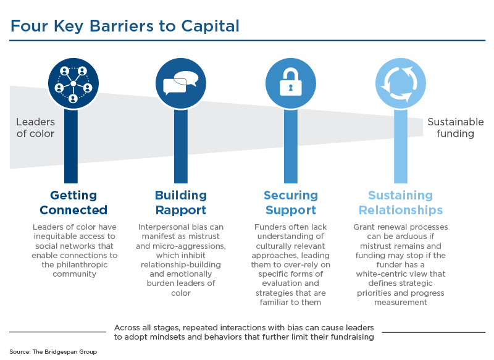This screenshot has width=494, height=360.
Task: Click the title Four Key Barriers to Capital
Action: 124,26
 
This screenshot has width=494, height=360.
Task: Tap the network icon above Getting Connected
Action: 73,83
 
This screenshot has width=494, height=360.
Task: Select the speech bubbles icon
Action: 180,83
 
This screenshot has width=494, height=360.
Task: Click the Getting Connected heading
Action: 73,203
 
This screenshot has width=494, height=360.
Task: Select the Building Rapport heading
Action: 180,203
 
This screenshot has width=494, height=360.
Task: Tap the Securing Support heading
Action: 290,203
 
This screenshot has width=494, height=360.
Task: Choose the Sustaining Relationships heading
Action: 401,203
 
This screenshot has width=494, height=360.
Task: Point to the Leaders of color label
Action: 35,128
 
